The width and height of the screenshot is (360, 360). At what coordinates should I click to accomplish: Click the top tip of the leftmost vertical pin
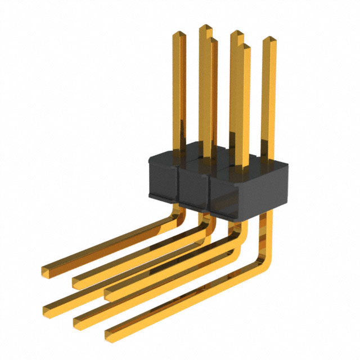[x=177, y=34]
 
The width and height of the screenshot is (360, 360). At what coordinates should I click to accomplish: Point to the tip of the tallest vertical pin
[x=205, y=28]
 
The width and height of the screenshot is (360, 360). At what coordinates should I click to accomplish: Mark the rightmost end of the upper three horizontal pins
[x=109, y=293]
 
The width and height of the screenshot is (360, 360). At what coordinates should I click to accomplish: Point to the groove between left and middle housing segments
[x=178, y=183]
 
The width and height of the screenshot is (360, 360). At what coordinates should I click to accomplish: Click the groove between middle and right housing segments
[x=209, y=191]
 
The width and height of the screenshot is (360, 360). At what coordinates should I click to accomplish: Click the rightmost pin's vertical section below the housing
[x=266, y=231]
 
